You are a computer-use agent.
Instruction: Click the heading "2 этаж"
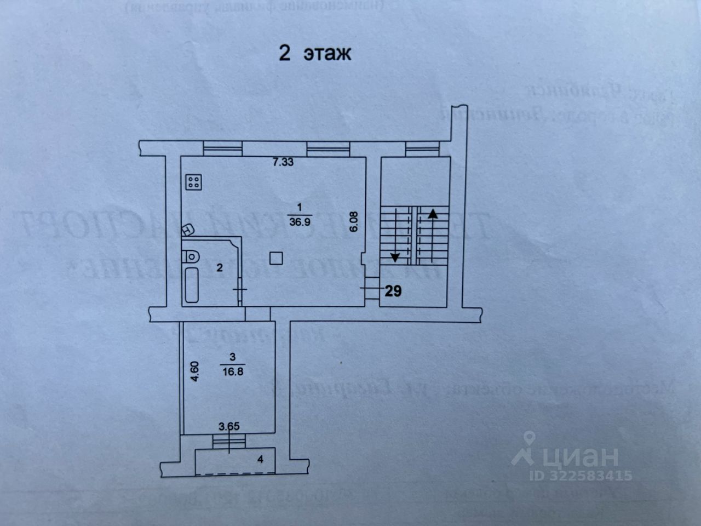[315, 54]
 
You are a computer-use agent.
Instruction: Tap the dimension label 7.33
[284, 162]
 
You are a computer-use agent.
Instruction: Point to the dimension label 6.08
[354, 221]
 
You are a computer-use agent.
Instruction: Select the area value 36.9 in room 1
[299, 222]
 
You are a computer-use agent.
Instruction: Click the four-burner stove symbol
[193, 182]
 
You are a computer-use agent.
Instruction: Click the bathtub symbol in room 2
[192, 285]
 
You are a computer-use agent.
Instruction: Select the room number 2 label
[220, 268]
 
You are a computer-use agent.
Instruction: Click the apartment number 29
[393, 291]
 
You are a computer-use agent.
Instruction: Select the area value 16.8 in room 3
[233, 371]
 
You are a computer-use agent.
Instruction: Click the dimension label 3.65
[229, 426]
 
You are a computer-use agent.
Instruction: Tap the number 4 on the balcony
[261, 459]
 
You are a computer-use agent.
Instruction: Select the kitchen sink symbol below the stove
[188, 228]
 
